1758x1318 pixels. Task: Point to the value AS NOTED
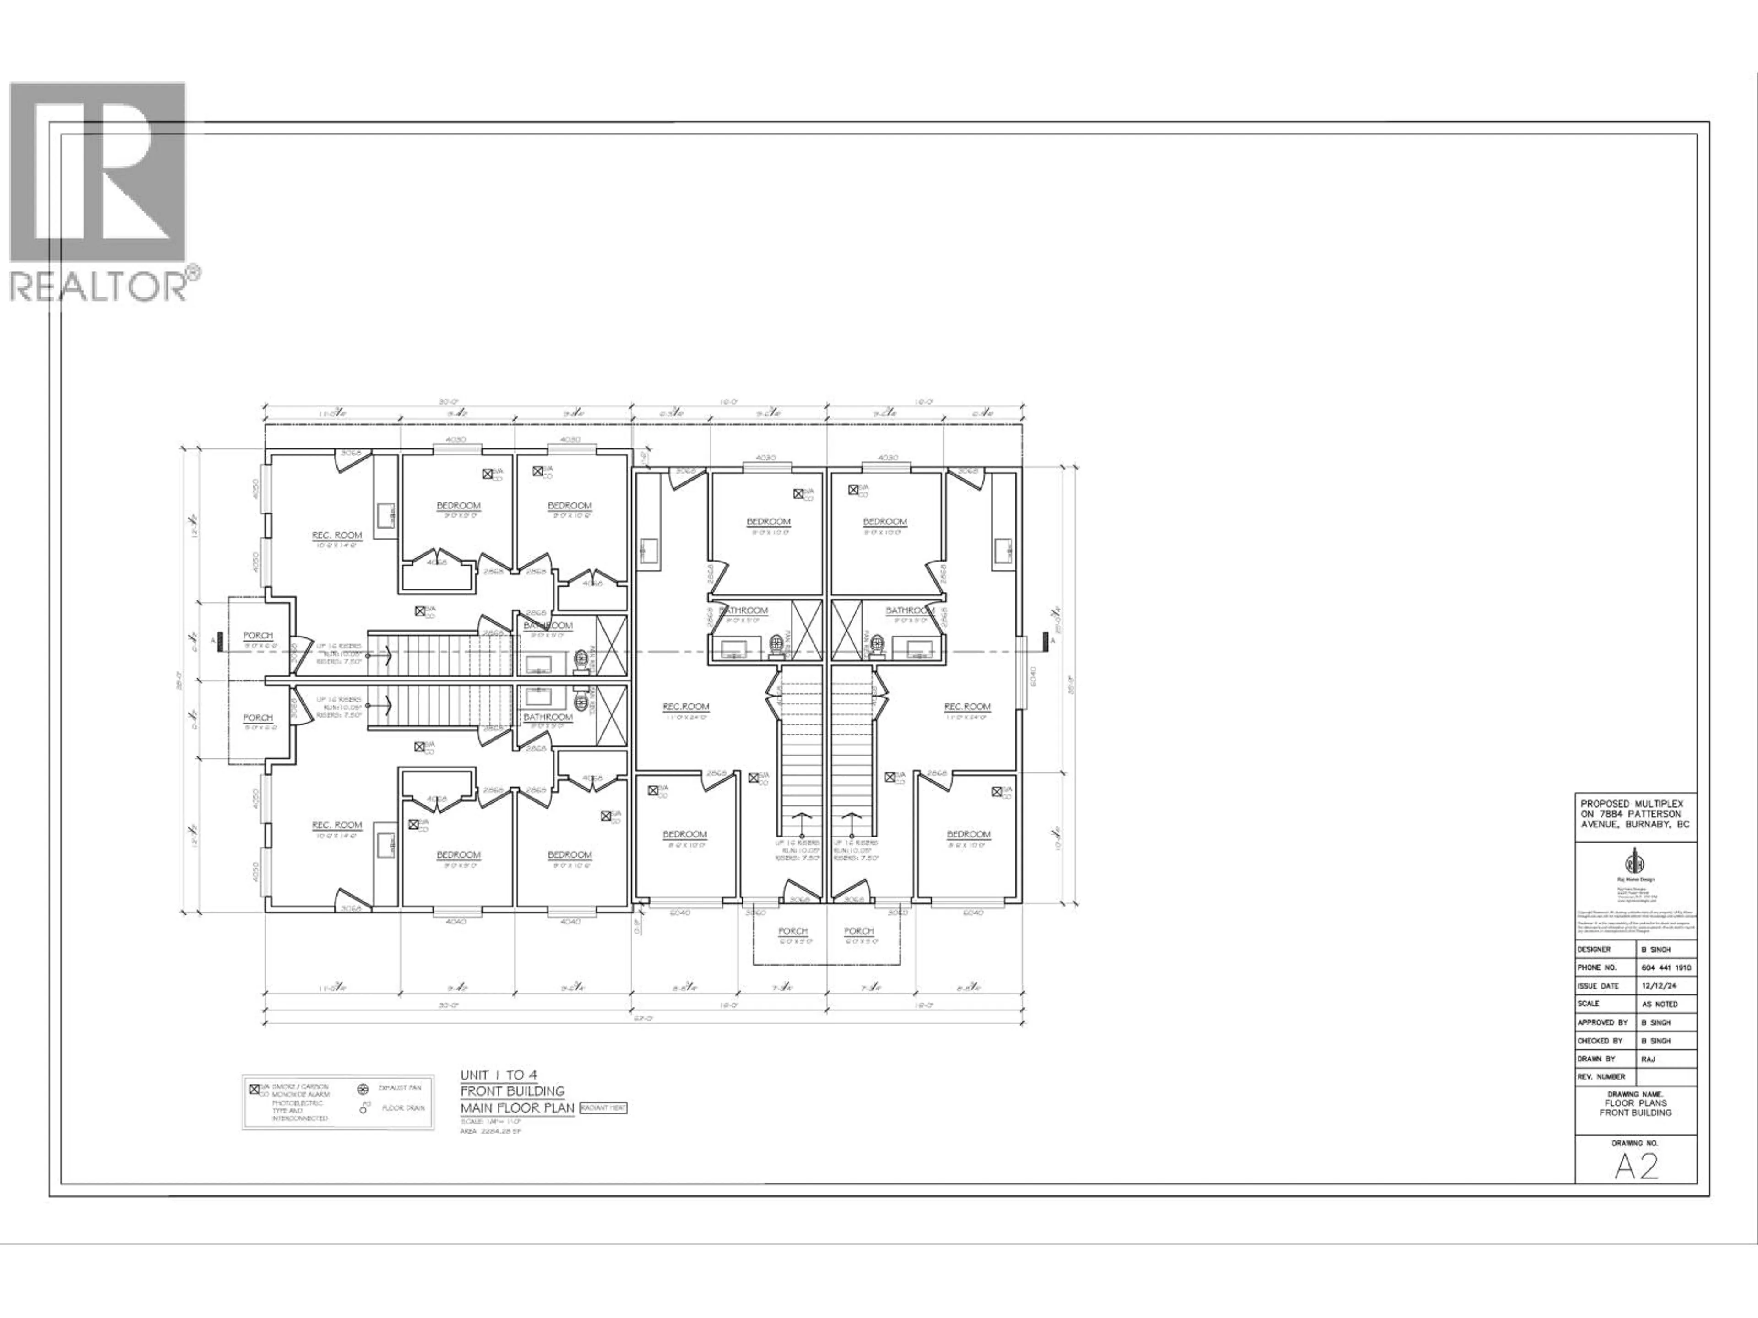tap(1660, 1004)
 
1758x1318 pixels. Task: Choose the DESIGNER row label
tap(1594, 950)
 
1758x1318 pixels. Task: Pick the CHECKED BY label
tap(1600, 1041)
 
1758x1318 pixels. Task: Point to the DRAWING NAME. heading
tap(1636, 1094)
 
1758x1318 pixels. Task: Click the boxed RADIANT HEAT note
tap(603, 1107)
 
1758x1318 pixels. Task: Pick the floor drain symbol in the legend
tap(363, 1108)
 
